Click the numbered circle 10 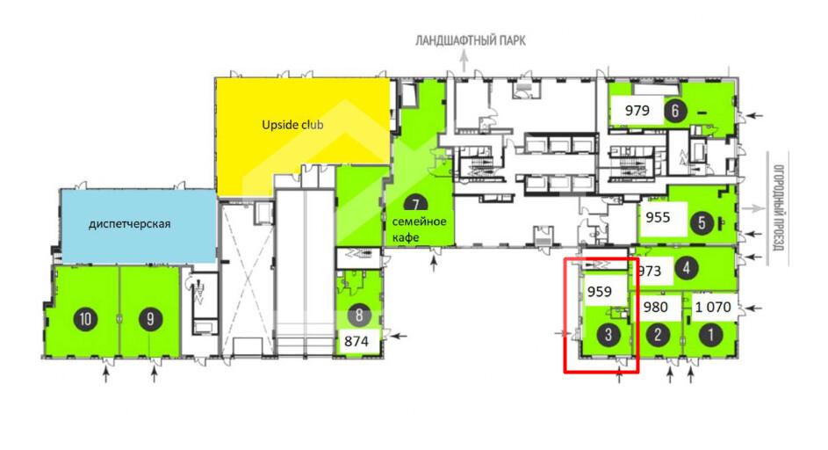click(x=85, y=319)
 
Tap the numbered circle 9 click(x=151, y=319)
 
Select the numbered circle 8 click(x=359, y=316)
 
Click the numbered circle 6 click(x=675, y=111)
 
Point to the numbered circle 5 click(x=702, y=222)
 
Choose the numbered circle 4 click(x=686, y=268)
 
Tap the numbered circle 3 click(x=608, y=334)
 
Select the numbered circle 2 click(x=658, y=334)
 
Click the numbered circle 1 click(x=710, y=334)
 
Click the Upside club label click(x=292, y=125)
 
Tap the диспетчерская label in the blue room click(x=129, y=223)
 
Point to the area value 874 click(x=356, y=341)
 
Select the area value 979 click(x=637, y=111)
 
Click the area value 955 click(x=658, y=217)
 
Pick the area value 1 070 click(x=713, y=307)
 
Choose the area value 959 click(x=600, y=292)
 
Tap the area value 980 click(x=656, y=307)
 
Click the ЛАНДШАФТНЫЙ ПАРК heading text click(x=470, y=40)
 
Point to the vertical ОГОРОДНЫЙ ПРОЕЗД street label click(x=778, y=208)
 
